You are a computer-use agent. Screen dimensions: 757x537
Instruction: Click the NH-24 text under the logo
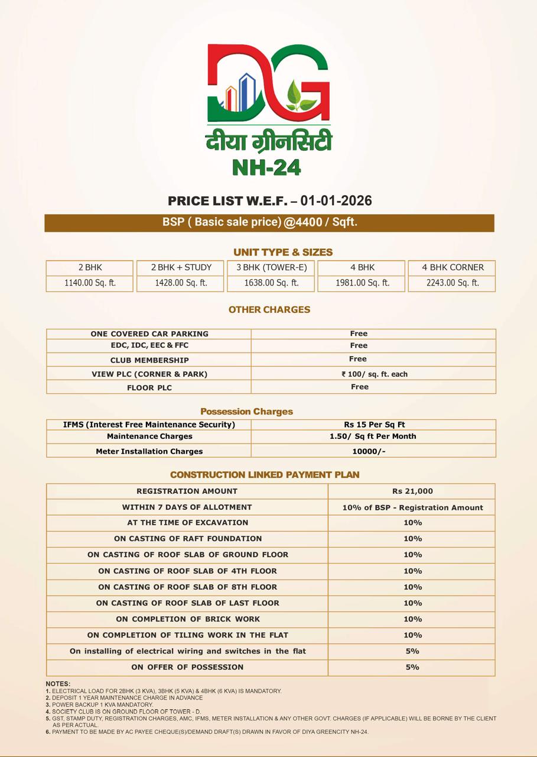coord(267,167)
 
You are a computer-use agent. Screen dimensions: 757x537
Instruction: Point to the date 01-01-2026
coord(336,200)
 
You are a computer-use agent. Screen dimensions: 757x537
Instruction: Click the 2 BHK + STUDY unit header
coord(181,267)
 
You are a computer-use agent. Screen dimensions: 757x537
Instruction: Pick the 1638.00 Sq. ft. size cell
coord(271,283)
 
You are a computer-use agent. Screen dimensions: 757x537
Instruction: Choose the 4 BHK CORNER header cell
coord(453,267)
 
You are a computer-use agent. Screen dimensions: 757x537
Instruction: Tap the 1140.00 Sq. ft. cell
coord(90,283)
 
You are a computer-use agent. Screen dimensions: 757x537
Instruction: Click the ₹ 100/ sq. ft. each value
coord(375,374)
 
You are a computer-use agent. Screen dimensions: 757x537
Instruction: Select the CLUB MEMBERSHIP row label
coord(149,360)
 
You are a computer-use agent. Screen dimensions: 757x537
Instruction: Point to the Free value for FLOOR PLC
coord(359,387)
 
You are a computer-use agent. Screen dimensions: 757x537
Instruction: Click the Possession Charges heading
coord(246,411)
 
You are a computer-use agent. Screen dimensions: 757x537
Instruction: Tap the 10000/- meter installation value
coord(369,451)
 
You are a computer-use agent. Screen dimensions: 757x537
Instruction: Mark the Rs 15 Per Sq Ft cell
coord(375,425)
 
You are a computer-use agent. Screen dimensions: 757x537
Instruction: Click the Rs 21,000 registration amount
coord(412,491)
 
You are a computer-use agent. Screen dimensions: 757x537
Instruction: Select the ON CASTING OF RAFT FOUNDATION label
coord(188,539)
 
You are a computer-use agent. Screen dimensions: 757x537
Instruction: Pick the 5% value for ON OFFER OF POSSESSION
coord(412,667)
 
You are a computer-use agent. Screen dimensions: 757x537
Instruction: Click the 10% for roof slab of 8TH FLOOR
coord(412,587)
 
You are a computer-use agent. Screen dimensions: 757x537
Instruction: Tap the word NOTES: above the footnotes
coord(58,684)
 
